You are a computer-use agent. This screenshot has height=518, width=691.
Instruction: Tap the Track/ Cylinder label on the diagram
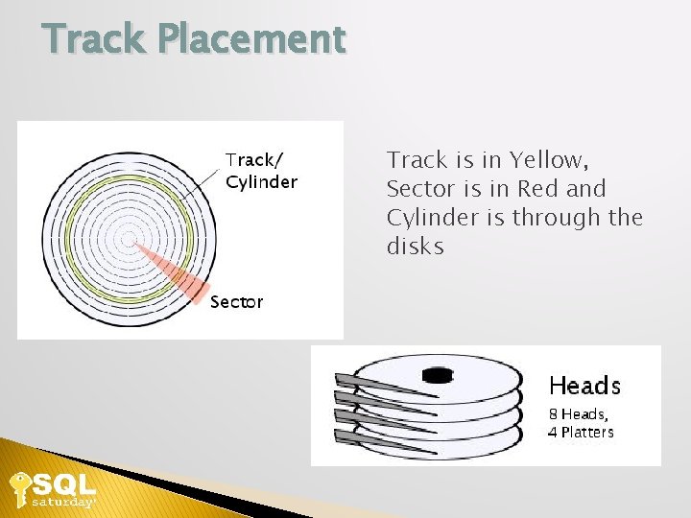pos(261,171)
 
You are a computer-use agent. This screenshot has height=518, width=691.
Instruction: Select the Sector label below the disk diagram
pos(236,302)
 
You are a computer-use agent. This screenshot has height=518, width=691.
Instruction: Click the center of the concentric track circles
pos(126,236)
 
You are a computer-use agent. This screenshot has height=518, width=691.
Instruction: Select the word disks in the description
pos(416,246)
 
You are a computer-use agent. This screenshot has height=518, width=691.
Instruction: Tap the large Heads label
pos(584,386)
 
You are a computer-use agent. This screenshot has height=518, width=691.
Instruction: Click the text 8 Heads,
pos(578,414)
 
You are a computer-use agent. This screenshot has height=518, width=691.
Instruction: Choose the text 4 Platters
pos(581,432)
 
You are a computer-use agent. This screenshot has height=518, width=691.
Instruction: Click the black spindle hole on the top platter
pos(438,376)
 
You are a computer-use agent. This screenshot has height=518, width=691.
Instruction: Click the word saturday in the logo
pos(62,502)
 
